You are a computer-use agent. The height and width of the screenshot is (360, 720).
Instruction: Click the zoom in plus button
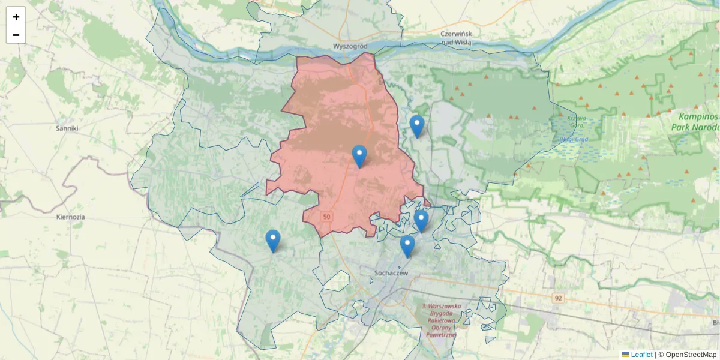pos(16,17)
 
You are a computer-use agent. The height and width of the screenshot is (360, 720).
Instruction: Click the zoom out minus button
pos(16,35)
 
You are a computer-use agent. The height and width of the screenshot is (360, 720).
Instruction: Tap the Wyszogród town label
pos(349,46)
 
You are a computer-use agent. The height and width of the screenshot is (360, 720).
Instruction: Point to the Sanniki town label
pos(67,128)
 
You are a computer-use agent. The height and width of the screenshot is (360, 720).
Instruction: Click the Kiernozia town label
pos(70,217)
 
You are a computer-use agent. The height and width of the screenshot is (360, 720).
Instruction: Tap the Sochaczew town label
pos(391,273)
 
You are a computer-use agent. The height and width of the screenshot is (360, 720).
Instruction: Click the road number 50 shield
pos(326,216)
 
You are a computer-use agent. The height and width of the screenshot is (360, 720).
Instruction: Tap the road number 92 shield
pos(559,298)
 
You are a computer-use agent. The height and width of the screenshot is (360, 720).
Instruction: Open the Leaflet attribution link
pos(641,355)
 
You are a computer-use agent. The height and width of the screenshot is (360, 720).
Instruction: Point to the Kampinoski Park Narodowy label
pos(699,122)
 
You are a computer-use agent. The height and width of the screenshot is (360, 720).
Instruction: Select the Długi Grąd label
pos(574,139)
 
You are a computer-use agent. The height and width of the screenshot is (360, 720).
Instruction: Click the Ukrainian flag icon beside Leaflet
pos(625,355)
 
